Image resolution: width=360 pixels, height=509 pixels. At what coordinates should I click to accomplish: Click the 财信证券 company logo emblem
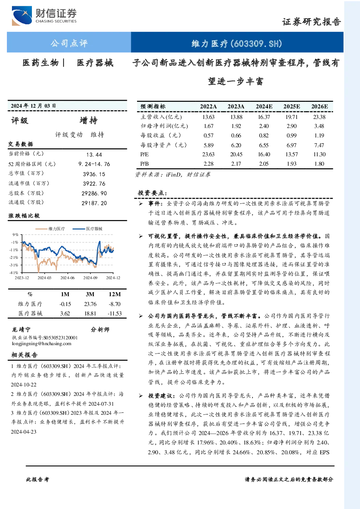point(22,16)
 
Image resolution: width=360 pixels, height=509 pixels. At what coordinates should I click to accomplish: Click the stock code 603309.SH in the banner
point(256,44)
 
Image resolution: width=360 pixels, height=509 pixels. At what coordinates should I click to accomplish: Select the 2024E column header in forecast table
point(264,106)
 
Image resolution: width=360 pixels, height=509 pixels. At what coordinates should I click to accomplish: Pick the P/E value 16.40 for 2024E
point(264,154)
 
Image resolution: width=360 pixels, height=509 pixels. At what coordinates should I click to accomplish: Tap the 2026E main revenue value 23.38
point(319,117)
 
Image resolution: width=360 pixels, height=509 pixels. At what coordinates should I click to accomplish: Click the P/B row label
point(144,164)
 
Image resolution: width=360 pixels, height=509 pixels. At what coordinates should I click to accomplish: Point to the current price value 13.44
point(94,155)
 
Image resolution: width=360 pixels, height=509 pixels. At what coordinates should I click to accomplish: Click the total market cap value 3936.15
point(94,174)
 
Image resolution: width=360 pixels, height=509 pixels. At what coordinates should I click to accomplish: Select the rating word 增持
point(88,120)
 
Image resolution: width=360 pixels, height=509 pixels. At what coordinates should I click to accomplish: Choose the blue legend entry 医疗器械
point(87,229)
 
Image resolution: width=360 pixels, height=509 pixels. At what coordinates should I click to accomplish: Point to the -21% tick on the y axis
point(14,257)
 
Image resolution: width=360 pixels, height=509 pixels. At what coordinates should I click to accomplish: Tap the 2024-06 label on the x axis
point(67,278)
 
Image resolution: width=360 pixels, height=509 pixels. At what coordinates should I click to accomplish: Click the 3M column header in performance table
point(90,294)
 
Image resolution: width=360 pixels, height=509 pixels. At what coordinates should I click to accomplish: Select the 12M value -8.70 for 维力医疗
point(115,304)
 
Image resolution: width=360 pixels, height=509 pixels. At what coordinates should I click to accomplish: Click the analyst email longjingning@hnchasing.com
point(42,344)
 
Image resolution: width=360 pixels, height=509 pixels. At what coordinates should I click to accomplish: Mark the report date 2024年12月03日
point(33,105)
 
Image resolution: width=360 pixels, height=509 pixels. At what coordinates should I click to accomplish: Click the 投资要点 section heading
point(152,193)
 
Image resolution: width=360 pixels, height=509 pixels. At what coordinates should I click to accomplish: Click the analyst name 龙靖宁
point(21,330)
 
